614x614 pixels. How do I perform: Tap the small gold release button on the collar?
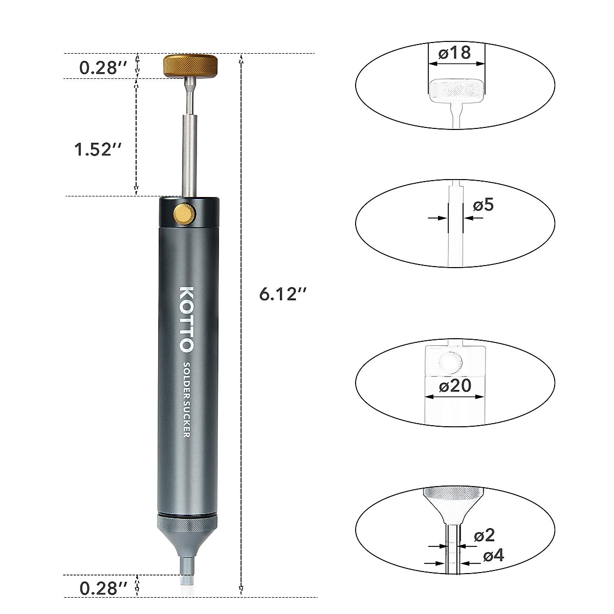(x=185, y=213)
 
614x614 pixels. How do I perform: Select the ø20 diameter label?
(x=454, y=385)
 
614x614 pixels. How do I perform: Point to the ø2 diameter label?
(x=485, y=536)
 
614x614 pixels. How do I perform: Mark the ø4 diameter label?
(x=493, y=555)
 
